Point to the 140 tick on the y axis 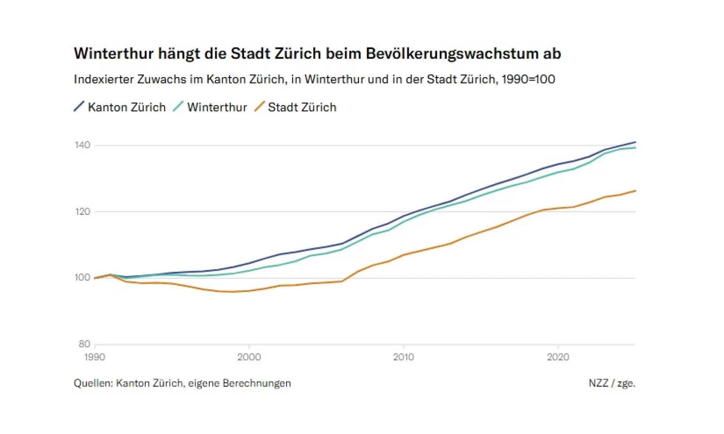click(83, 145)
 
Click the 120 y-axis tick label click(83, 212)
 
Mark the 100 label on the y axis click(83, 277)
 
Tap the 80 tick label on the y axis click(84, 344)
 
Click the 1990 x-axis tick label click(94, 357)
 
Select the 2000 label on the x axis click(249, 357)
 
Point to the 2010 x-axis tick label click(403, 357)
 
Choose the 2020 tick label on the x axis click(558, 357)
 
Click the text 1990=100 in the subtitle click(528, 79)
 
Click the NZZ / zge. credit click(612, 383)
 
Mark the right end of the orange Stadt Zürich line click(635, 191)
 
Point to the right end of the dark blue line click(635, 142)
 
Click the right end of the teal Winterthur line click(635, 148)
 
